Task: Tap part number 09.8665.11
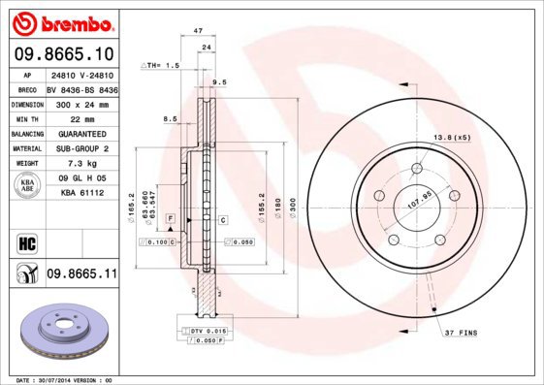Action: tap(81, 274)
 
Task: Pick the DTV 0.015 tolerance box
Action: tap(203, 332)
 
